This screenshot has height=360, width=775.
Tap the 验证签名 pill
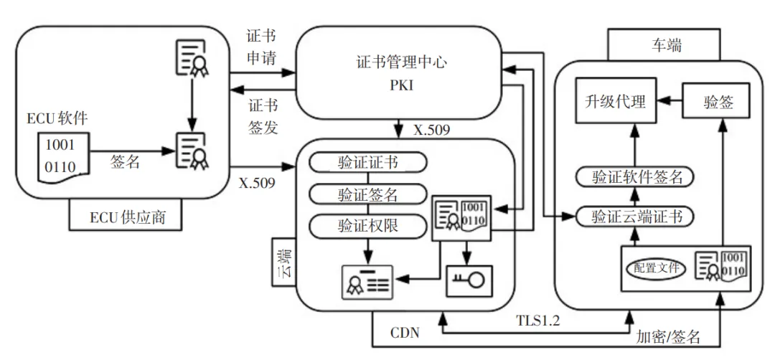click(x=368, y=194)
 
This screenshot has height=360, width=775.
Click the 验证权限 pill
click(x=368, y=225)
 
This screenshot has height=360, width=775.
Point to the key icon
click(x=469, y=280)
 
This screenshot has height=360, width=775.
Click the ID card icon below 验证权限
click(x=368, y=283)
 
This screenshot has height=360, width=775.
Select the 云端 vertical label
click(x=284, y=262)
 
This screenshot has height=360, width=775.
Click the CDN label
click(x=405, y=333)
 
